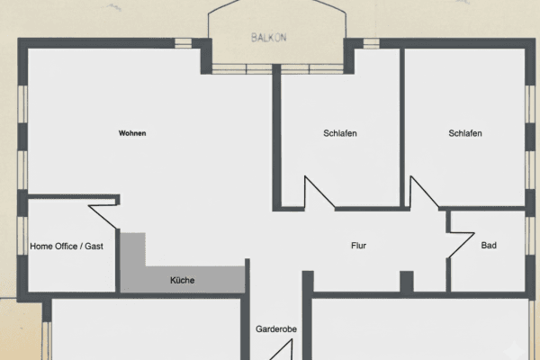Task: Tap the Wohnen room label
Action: click(x=132, y=133)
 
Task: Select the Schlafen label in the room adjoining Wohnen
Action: click(x=340, y=133)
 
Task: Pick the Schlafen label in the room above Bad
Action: click(x=465, y=133)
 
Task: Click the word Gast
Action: click(x=94, y=246)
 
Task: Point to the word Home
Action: click(x=41, y=246)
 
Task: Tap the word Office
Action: click(x=67, y=246)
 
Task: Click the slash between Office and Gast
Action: click(x=81, y=246)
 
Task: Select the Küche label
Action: click(x=182, y=280)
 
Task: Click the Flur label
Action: click(x=358, y=245)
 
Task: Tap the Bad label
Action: click(x=489, y=245)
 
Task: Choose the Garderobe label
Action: click(x=276, y=329)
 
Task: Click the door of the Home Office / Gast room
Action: click(x=103, y=214)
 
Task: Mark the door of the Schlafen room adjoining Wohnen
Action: click(x=319, y=192)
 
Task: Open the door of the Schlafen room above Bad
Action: click(x=425, y=192)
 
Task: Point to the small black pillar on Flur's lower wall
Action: click(x=406, y=281)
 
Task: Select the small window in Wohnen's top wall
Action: click(x=184, y=42)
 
